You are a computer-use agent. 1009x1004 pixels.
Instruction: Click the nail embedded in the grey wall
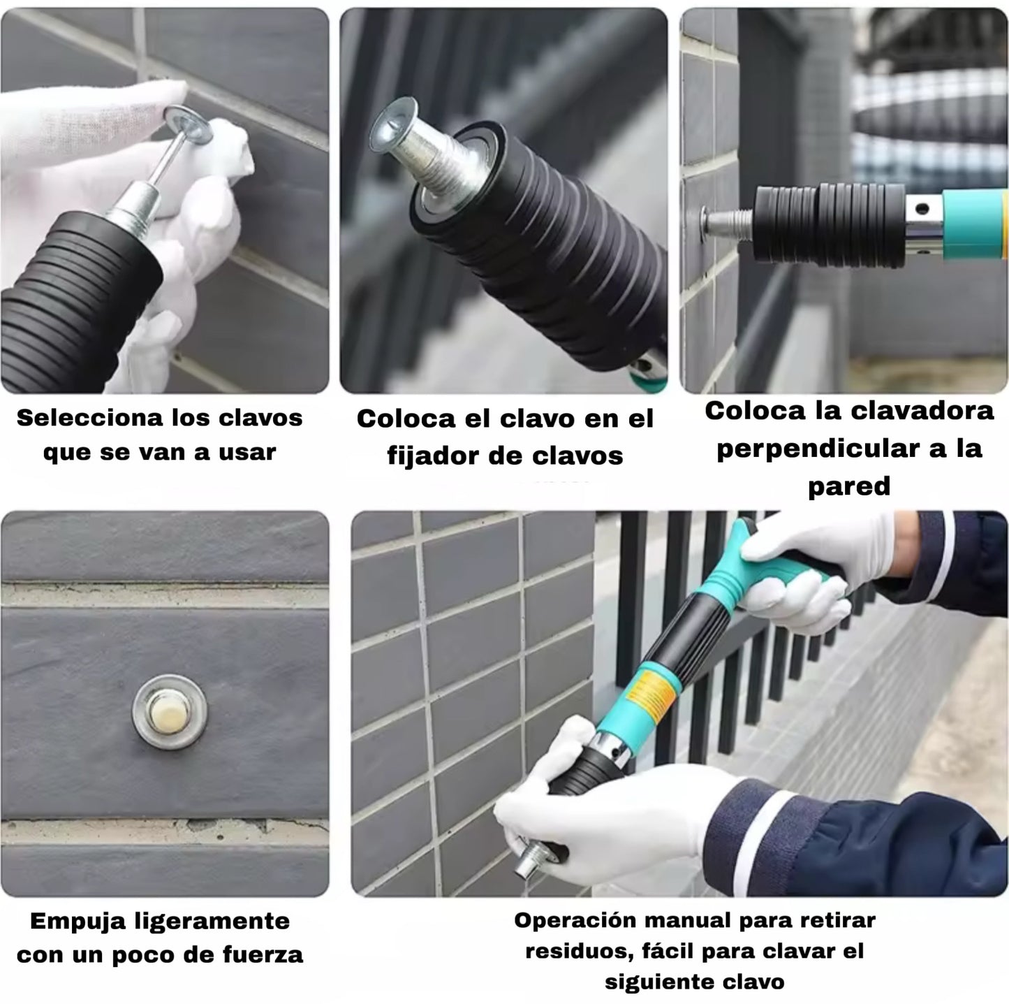[x=170, y=711]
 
